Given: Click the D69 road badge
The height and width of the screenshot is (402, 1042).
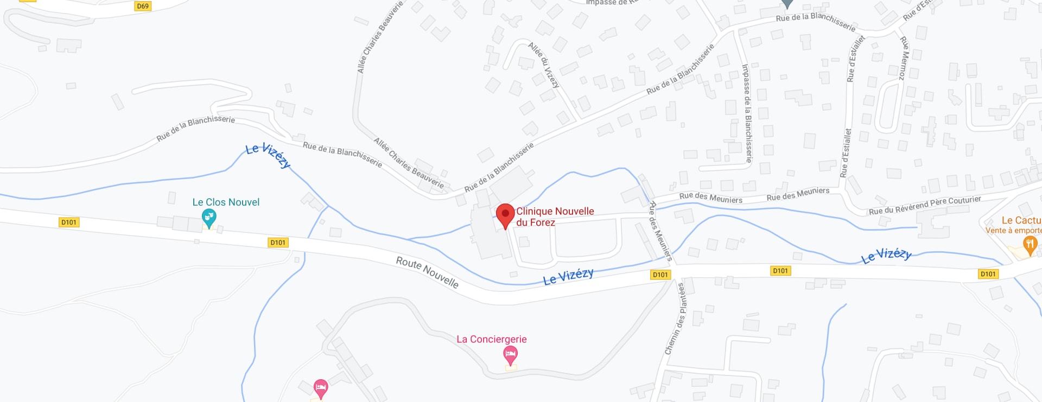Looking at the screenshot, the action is pyautogui.click(x=142, y=6).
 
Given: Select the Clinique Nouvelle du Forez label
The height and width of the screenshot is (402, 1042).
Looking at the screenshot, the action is pyautogui.click(x=555, y=216).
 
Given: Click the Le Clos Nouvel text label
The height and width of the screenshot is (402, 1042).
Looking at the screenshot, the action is pyautogui.click(x=226, y=202).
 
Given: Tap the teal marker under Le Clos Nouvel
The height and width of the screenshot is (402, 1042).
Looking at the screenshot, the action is pyautogui.click(x=209, y=218).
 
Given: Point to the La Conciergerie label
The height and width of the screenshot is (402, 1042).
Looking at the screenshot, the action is pyautogui.click(x=491, y=339).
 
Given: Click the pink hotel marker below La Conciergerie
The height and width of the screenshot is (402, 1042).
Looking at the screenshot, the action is pyautogui.click(x=510, y=356).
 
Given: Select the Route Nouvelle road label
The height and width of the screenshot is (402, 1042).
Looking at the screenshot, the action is pyautogui.click(x=427, y=272).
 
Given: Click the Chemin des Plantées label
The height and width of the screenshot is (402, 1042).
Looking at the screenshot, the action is pyautogui.click(x=676, y=319).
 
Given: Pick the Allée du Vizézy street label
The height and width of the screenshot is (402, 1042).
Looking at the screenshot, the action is pyautogui.click(x=544, y=65).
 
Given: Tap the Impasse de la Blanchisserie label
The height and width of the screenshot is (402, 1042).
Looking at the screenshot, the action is pyautogui.click(x=747, y=113).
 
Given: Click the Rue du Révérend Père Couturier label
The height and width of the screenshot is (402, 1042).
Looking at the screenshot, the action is pyautogui.click(x=925, y=205).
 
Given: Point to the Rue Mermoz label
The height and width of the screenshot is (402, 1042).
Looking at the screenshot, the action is pyautogui.click(x=904, y=58).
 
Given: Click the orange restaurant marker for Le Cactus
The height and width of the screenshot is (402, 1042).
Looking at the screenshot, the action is pyautogui.click(x=1030, y=245).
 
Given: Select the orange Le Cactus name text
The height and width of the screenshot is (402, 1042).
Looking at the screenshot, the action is pyautogui.click(x=1021, y=220).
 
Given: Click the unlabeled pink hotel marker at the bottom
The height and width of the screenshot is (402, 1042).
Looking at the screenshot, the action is pyautogui.click(x=321, y=388).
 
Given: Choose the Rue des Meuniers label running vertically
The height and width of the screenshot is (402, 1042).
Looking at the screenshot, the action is pyautogui.click(x=660, y=231).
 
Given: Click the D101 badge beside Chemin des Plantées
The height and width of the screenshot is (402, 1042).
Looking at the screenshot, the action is pyautogui.click(x=660, y=275).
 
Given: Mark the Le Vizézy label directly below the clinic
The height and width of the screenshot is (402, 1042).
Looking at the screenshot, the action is pyautogui.click(x=568, y=276).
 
